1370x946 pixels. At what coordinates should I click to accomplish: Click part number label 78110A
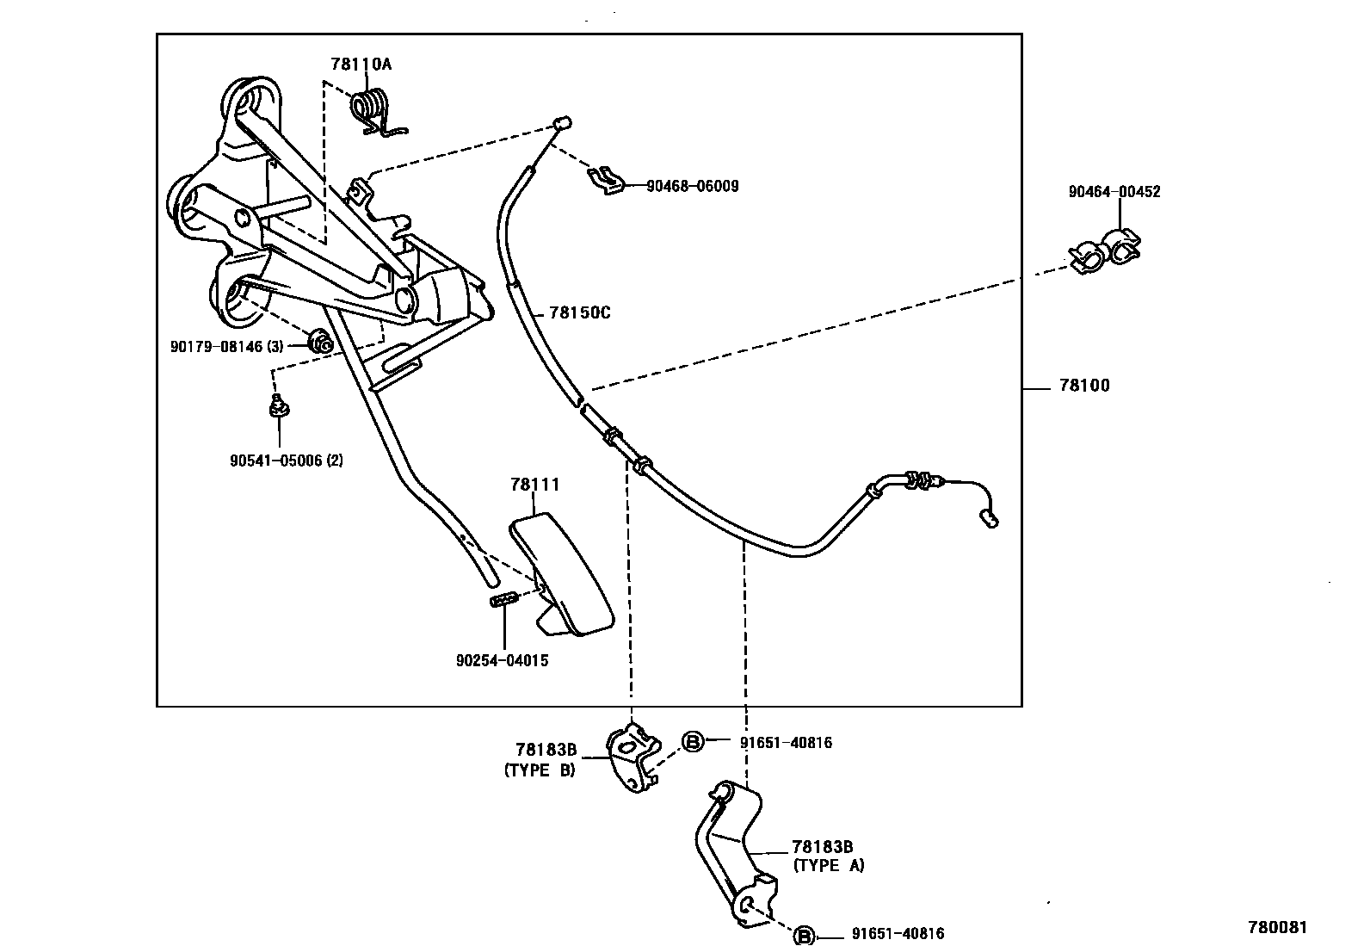click(361, 65)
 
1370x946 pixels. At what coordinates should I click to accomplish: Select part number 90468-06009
click(692, 186)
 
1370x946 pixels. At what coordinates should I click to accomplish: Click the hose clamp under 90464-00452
click(1105, 249)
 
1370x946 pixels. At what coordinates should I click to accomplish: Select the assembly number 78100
click(1084, 386)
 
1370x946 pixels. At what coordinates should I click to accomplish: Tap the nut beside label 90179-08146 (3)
click(321, 342)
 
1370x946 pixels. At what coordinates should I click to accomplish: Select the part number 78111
click(534, 485)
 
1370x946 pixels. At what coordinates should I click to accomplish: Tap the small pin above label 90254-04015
click(503, 599)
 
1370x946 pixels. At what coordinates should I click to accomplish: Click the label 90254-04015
click(502, 661)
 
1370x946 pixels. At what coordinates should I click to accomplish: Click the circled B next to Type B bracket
click(693, 741)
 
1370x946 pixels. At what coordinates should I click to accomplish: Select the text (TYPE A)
click(829, 865)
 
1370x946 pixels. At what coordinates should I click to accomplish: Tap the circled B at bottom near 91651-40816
click(803, 936)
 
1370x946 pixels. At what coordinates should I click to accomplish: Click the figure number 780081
click(1277, 927)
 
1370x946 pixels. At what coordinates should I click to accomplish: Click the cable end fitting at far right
click(989, 517)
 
